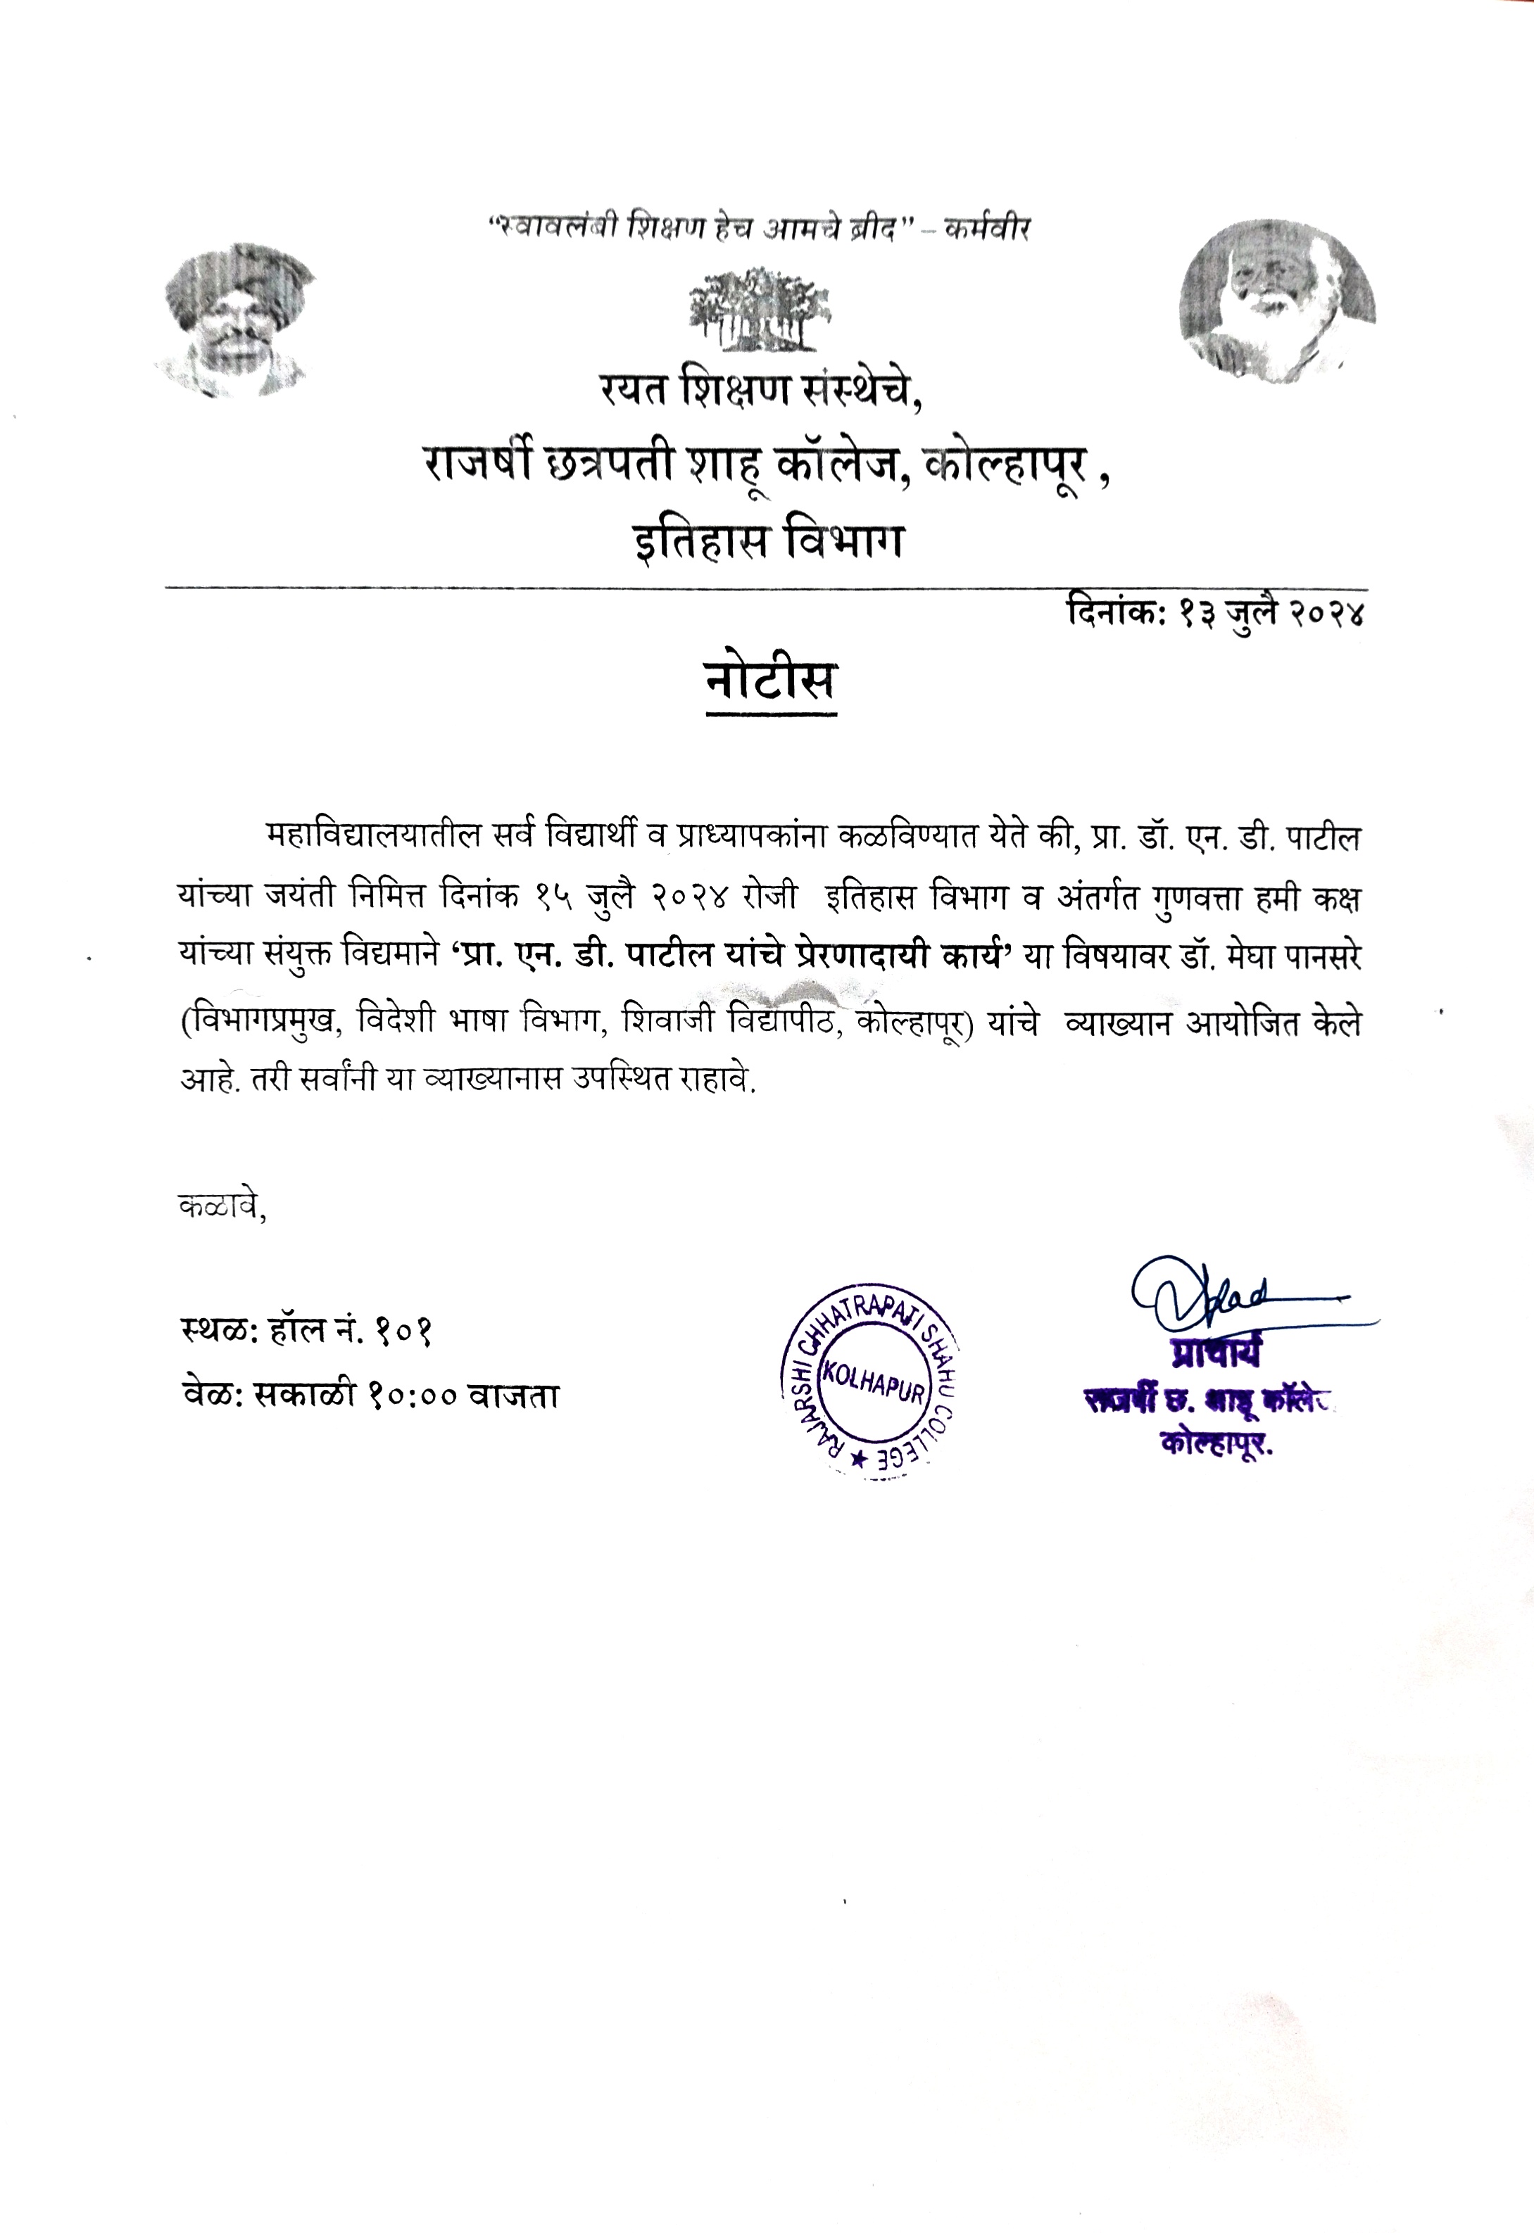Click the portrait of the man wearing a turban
[240, 322]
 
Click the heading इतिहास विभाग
[768, 541]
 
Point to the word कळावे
[222, 1205]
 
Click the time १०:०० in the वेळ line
[411, 1395]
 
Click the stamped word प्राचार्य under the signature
[1216, 1352]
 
